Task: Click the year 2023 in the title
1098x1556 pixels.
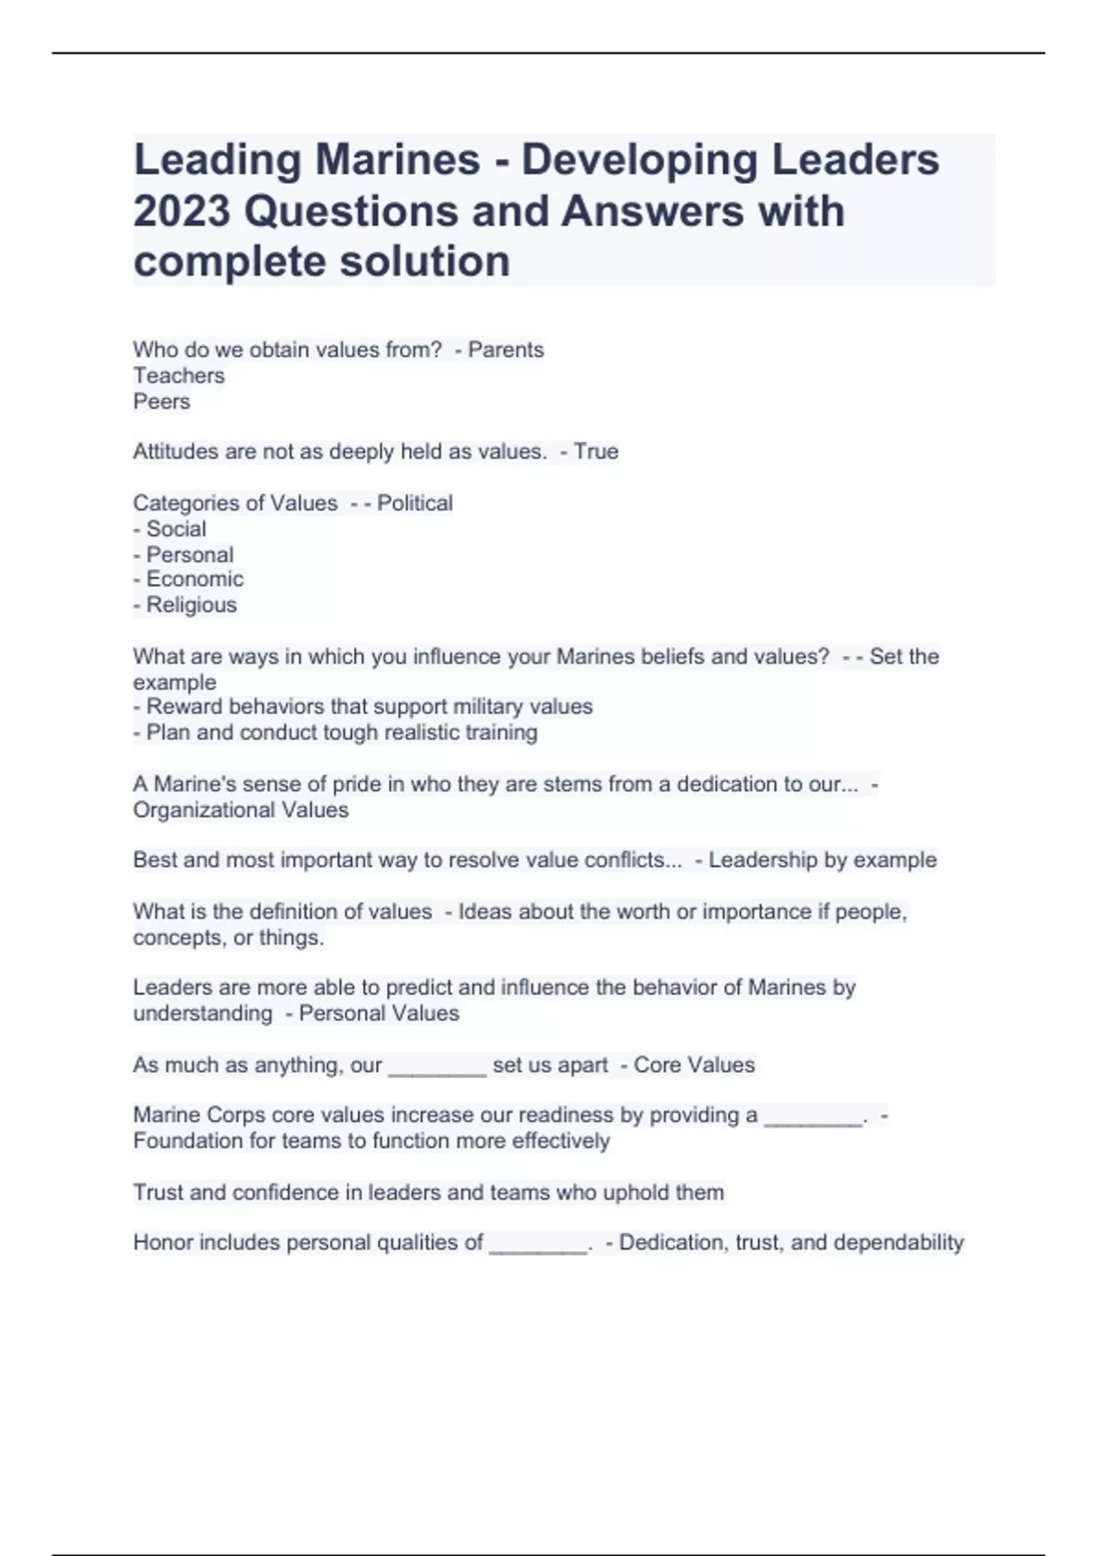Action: [181, 211]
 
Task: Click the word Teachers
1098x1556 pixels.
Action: [178, 375]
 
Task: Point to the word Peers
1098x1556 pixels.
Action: [162, 401]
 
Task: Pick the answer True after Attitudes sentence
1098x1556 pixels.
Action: [596, 451]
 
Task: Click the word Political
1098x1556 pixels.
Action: [414, 502]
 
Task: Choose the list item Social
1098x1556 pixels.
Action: [176, 528]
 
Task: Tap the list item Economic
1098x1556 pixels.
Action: [195, 579]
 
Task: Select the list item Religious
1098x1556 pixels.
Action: [191, 605]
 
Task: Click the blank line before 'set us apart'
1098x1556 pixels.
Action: [437, 1065]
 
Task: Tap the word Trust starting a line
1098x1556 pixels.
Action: [157, 1193]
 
